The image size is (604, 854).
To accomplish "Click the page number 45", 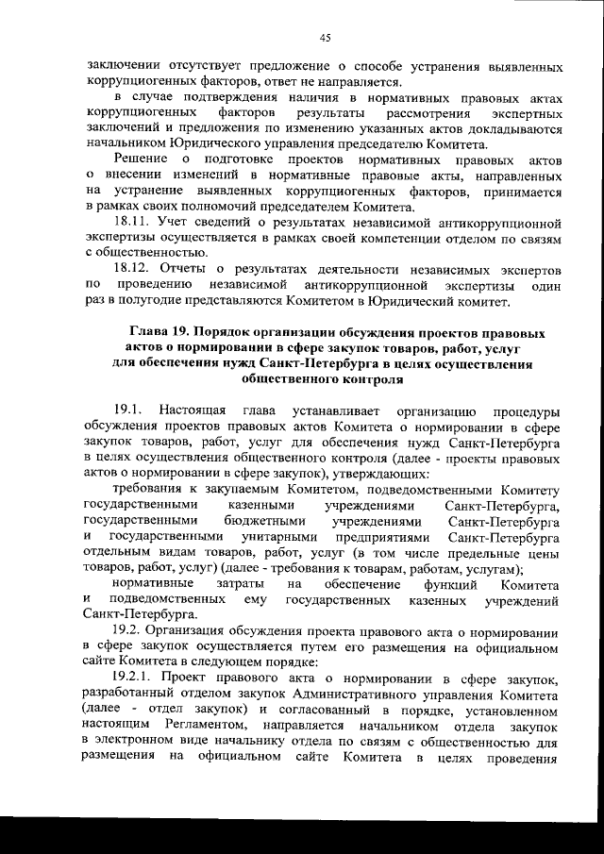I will coord(325,38).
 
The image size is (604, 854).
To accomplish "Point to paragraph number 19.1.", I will coord(128,411).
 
